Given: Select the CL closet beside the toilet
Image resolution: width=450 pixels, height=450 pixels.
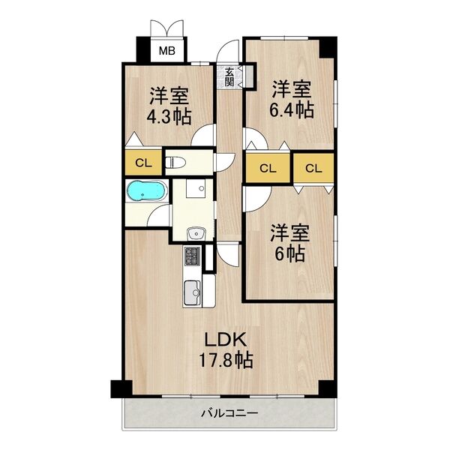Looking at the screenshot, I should pos(141,162).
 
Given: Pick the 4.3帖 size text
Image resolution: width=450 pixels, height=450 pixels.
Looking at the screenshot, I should pos(169,116).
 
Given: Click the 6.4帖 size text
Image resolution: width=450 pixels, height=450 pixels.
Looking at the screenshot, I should pos(292,110).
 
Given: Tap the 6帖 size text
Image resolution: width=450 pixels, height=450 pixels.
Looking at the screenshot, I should pos(289,253).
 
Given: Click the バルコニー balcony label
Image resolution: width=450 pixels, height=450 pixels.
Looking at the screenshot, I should pos(229,413).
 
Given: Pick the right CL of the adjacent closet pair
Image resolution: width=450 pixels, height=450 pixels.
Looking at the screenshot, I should pos(313,167).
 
